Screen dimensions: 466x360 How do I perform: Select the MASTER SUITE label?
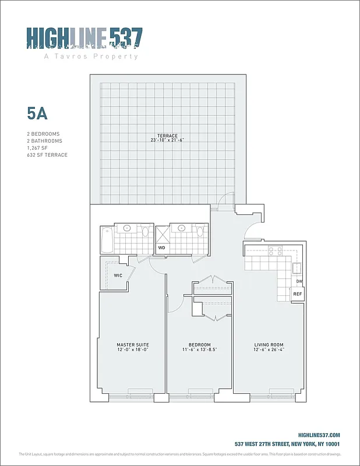pos(133,345)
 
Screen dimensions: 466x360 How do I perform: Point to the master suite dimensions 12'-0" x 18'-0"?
pos(133,351)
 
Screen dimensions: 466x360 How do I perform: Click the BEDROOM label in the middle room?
pos(200,345)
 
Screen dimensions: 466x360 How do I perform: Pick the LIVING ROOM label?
pos(269,345)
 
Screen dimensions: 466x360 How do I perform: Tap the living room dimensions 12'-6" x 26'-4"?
pos(269,351)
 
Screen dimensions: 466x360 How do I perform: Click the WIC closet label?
pos(118,275)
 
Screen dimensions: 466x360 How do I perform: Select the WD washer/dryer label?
pos(162,248)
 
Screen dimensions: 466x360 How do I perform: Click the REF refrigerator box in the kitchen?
pos(297,294)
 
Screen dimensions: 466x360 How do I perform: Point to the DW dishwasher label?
pos(299,281)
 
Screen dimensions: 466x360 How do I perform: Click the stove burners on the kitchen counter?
pos(274,252)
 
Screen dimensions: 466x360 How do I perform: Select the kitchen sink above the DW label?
pos(297,268)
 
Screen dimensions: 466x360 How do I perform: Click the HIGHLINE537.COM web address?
pos(319,435)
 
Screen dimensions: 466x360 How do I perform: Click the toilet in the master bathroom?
pos(145,232)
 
